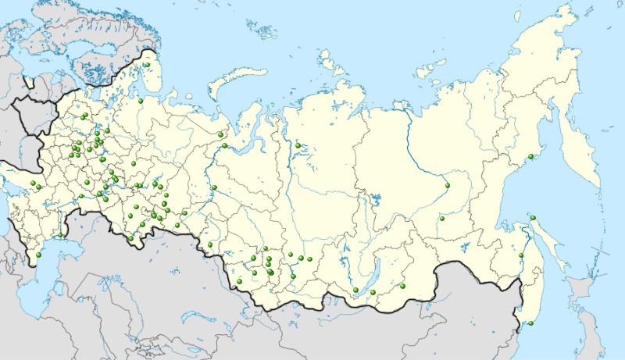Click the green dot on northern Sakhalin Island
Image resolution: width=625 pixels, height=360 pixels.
533,218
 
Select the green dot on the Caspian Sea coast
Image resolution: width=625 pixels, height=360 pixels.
37,255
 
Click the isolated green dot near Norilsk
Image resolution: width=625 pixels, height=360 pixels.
298,145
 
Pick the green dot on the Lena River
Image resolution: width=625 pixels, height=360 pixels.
448,185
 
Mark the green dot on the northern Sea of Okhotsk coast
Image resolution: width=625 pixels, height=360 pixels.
530,153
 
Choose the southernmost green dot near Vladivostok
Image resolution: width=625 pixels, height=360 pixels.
529,323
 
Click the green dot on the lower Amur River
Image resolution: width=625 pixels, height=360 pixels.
522,255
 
